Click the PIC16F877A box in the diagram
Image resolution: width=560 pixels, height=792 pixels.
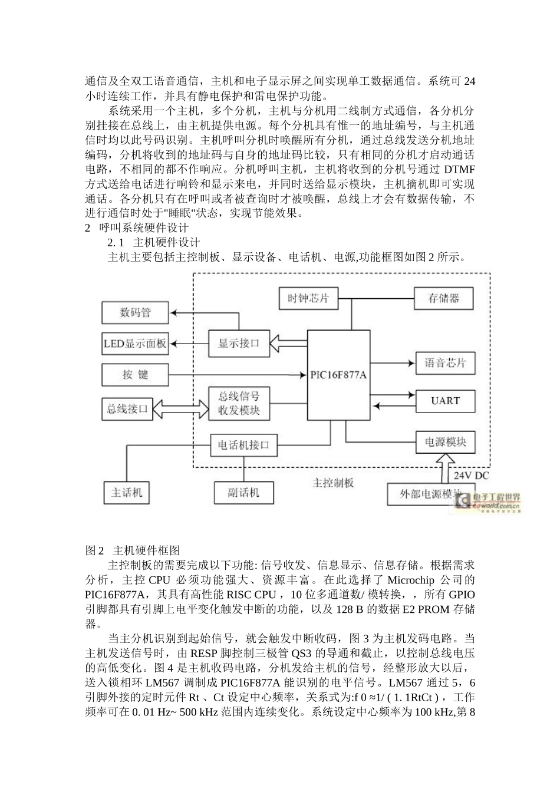338,375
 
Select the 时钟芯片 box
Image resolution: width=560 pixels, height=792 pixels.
307,298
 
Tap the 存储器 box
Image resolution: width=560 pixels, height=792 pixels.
444,298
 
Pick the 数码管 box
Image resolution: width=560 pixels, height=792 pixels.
136,312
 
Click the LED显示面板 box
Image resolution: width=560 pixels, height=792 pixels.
136,344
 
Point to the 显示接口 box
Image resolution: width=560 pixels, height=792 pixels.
239,343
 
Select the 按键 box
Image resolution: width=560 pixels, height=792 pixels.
136,375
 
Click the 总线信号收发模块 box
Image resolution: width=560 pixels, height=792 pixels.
239,403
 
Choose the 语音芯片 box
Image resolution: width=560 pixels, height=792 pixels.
445,363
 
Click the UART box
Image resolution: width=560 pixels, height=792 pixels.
445,401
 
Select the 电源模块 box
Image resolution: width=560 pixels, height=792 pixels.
445,442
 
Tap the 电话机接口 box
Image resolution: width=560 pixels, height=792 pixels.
243,445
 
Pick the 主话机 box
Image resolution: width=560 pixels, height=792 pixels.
127,493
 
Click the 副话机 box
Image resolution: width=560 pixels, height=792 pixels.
243,493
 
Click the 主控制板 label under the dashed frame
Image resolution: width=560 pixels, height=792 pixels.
333,483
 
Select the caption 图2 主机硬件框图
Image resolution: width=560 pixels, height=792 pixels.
133,550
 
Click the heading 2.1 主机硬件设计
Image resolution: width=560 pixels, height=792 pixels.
154,242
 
